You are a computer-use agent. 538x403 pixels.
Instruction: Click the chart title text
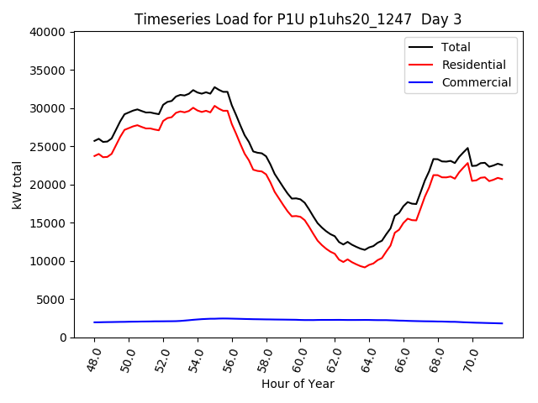[298, 18]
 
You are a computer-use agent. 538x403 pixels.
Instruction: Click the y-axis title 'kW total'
[18, 185]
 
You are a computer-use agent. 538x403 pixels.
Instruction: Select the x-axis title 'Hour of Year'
[298, 384]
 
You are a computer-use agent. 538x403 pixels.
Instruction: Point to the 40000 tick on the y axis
[49, 32]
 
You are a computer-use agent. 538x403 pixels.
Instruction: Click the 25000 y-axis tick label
[49, 147]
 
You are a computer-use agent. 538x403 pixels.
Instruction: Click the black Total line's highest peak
[214, 87]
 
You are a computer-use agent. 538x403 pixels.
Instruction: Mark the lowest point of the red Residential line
[364, 267]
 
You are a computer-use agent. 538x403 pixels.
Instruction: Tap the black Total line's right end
[503, 165]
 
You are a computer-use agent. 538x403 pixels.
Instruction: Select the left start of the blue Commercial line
[94, 322]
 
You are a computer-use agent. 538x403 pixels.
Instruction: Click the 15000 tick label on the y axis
[49, 223]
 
